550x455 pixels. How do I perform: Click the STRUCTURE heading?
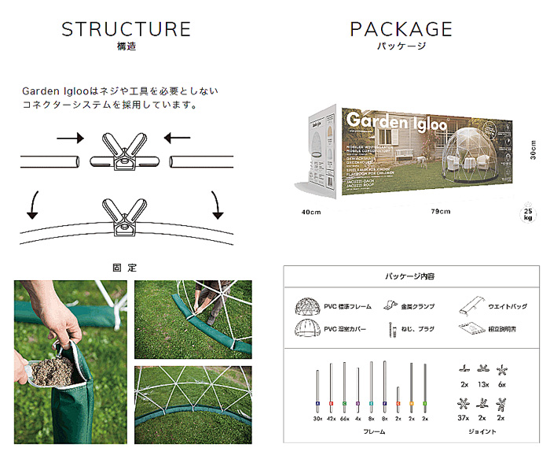coord(126,30)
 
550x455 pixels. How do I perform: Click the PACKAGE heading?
coord(401,30)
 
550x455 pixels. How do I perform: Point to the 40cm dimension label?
coord(312,212)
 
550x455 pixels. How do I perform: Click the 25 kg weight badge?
coord(528,214)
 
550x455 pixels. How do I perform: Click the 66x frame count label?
coord(344,419)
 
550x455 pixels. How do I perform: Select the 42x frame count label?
coord(331,419)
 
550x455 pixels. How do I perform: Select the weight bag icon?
coord(474,305)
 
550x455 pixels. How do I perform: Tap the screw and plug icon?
coord(390,330)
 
